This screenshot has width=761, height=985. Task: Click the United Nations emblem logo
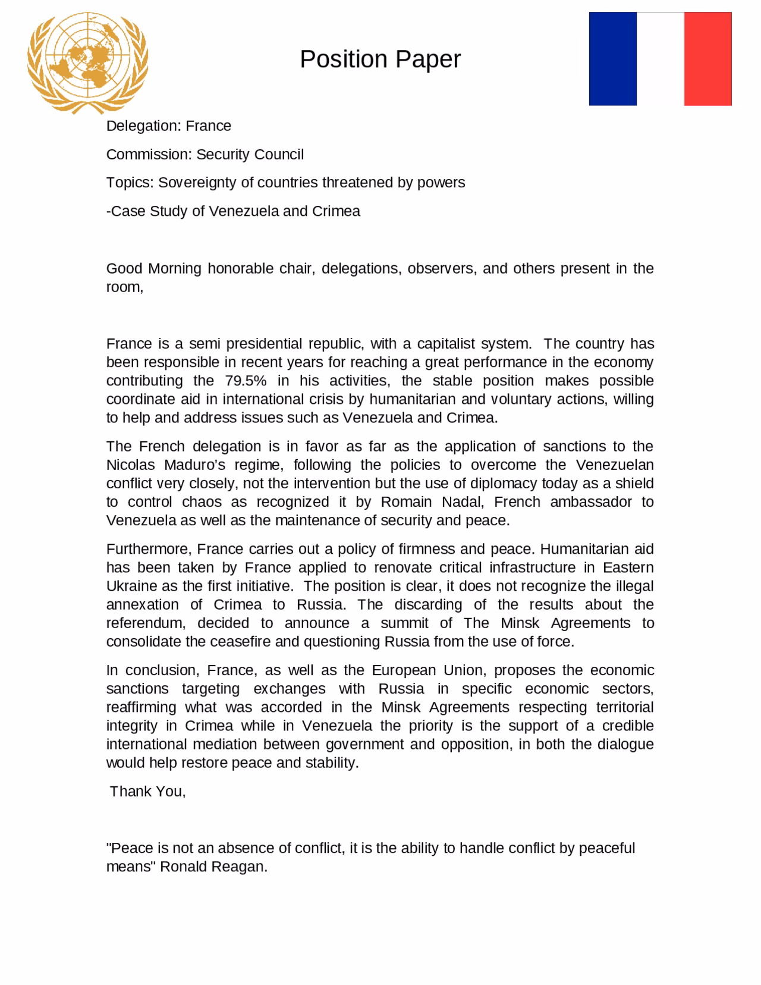coord(87,62)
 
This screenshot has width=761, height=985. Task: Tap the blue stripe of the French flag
coord(612,59)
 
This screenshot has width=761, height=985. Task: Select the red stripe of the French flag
coord(707,59)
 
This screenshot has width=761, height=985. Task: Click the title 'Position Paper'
coord(380,59)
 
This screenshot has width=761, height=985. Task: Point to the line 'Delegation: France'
coord(168,126)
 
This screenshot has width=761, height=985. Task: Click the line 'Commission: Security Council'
coord(205,155)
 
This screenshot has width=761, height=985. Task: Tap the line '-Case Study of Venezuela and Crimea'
coord(233,211)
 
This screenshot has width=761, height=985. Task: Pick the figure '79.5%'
coord(246,381)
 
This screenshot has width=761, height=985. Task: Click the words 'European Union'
coord(427,670)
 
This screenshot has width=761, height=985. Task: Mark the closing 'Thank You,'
coord(148,792)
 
